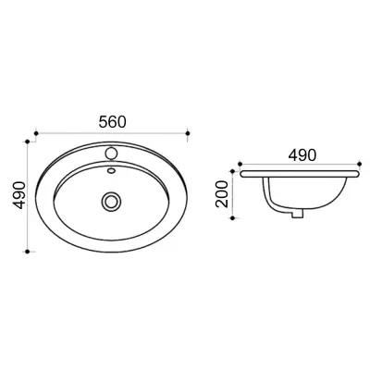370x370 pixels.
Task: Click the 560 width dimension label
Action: [x=113, y=122]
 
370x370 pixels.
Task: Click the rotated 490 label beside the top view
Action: [x=18, y=195]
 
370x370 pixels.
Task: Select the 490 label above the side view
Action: [x=302, y=155]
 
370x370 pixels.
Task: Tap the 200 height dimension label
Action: [x=222, y=194]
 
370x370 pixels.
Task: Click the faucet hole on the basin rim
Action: [x=111, y=154]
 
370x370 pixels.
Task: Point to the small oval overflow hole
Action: [x=111, y=169]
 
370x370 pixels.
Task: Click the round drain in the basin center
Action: [x=111, y=201]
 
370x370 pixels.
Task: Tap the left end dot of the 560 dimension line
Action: [x=36, y=133]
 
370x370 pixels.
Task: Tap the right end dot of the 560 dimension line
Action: [x=188, y=133]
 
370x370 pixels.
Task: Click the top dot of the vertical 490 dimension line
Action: [x=28, y=142]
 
